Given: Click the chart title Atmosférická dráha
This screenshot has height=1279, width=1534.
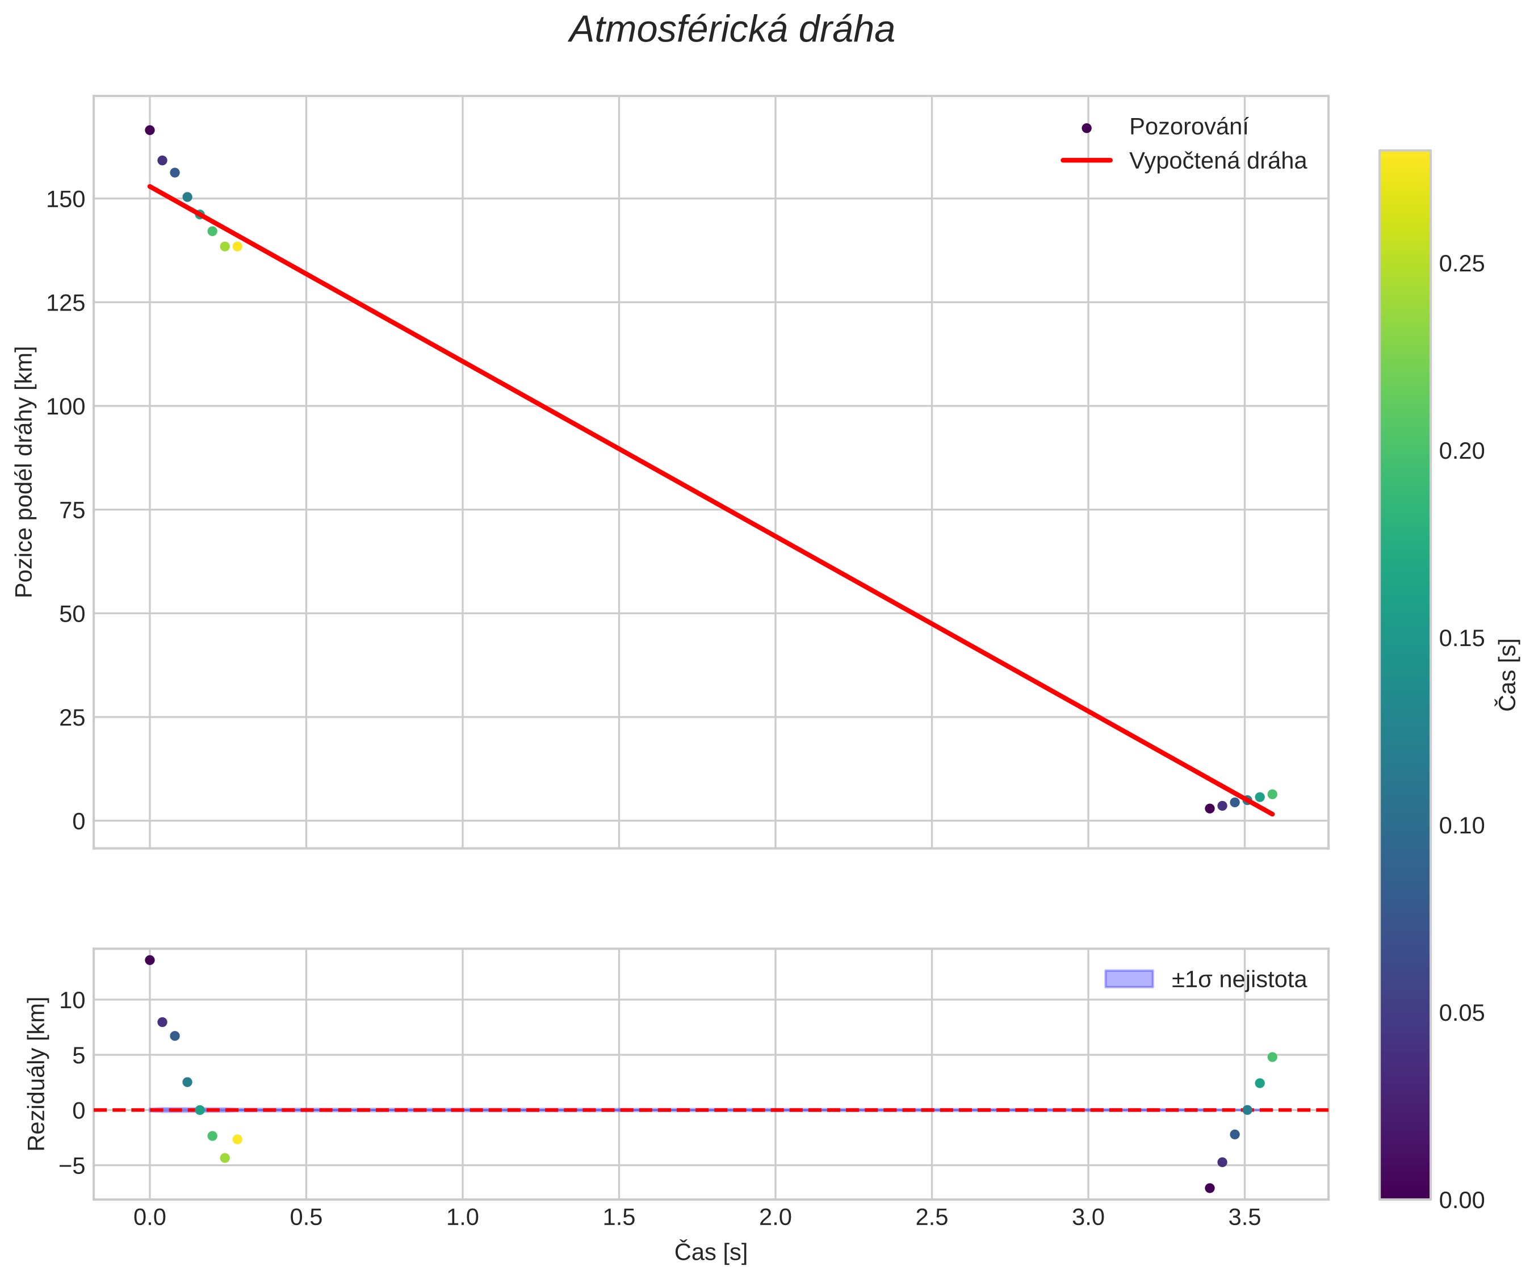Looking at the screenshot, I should [731, 31].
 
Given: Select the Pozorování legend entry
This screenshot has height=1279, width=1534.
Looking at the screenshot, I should [1188, 127].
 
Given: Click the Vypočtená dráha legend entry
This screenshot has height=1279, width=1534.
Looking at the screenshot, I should [1217, 161].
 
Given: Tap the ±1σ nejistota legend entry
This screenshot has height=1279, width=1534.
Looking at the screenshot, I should [1238, 979].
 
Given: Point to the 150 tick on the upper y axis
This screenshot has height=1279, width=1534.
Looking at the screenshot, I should [66, 199].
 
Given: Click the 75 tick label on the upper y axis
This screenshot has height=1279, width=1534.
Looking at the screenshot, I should [72, 510].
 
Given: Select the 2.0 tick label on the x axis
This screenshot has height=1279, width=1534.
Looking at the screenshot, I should [775, 1218].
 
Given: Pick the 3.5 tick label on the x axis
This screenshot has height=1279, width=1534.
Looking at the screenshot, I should [1244, 1218].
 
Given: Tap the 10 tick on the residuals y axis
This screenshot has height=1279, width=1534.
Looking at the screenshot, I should [72, 1000].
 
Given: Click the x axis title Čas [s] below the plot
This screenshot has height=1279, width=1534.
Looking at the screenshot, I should [710, 1252].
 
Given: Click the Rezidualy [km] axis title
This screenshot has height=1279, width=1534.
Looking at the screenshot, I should [36, 1073].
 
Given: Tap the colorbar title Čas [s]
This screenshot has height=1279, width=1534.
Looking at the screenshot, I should [1506, 674].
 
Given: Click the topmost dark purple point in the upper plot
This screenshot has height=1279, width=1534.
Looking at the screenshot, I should [150, 130].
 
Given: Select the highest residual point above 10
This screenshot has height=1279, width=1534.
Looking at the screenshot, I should [150, 960].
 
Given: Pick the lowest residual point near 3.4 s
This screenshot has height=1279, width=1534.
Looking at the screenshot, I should [1210, 1188].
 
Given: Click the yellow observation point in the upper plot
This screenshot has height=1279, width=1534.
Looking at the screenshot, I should [237, 247].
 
